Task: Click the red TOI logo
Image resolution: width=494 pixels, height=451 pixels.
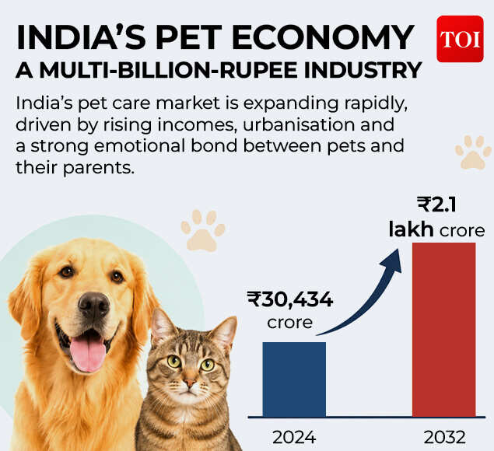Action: point(460,39)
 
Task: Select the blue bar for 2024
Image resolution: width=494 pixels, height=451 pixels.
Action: point(294,379)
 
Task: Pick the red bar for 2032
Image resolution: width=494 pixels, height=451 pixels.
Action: point(444,330)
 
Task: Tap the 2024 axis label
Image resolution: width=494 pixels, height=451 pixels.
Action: point(294,437)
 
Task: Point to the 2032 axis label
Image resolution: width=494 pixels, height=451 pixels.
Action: point(444,437)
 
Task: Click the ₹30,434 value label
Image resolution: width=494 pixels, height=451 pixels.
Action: point(290,299)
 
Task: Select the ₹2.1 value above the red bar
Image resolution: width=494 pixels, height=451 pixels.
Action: point(436,205)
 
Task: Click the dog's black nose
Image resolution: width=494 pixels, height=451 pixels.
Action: point(93,304)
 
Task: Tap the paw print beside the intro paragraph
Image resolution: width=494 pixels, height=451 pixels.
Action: point(474,152)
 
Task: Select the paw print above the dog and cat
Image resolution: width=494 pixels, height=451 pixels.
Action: point(203,230)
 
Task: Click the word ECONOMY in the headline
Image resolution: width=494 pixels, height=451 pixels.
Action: point(323,37)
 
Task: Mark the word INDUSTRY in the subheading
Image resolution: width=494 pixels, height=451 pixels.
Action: point(363,70)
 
